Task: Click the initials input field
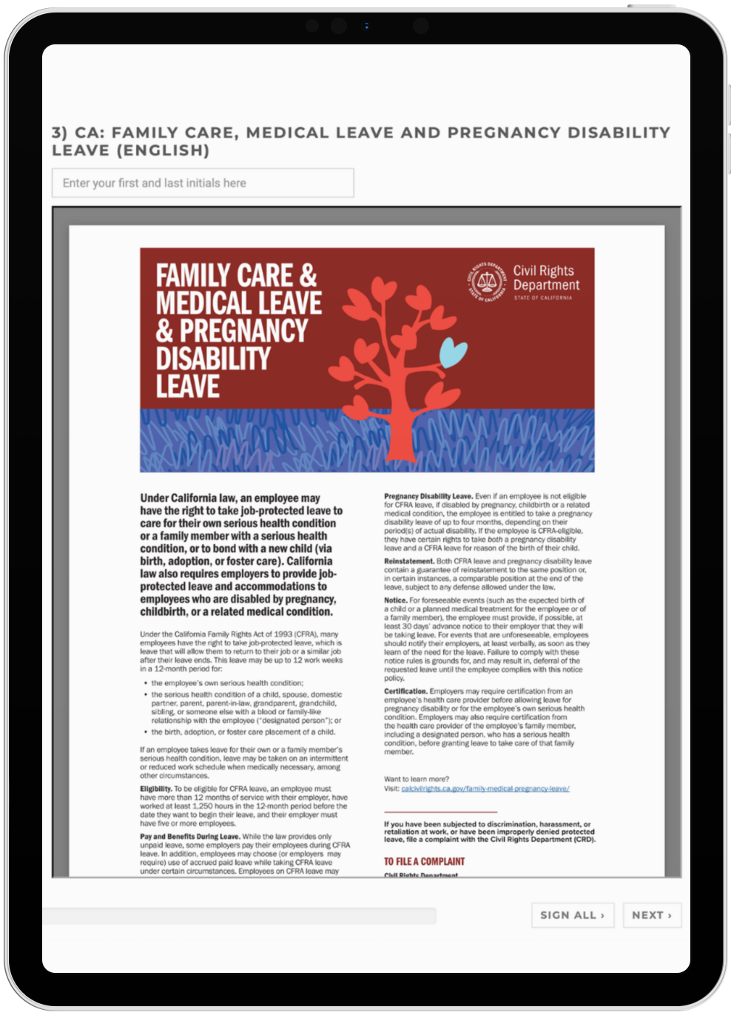tap(203, 183)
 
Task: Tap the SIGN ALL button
tap(572, 915)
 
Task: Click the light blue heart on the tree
tap(453, 353)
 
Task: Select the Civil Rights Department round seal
tap(487, 281)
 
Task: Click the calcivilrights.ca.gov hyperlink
tap(485, 789)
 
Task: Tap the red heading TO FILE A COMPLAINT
tap(424, 861)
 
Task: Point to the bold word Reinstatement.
tap(408, 561)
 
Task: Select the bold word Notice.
tap(395, 600)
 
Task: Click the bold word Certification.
tap(405, 691)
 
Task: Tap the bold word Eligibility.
tap(155, 789)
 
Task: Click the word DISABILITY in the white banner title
tap(213, 359)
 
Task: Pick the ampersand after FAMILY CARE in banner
tap(308, 276)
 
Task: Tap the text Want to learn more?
tap(416, 779)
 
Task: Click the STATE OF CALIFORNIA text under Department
tap(543, 298)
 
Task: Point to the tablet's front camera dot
tap(365, 27)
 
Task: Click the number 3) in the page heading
tap(59, 133)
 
